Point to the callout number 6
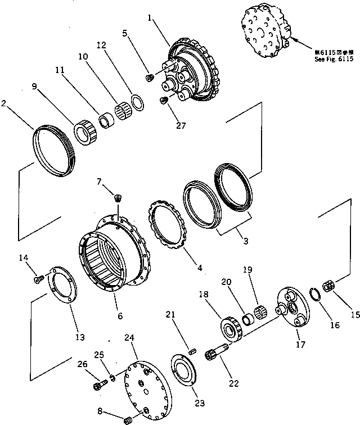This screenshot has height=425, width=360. coord(119,316)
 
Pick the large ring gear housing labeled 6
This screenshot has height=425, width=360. coord(115,253)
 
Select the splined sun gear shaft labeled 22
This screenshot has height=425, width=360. coord(220,354)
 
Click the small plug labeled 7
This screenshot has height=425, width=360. coord(118,197)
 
